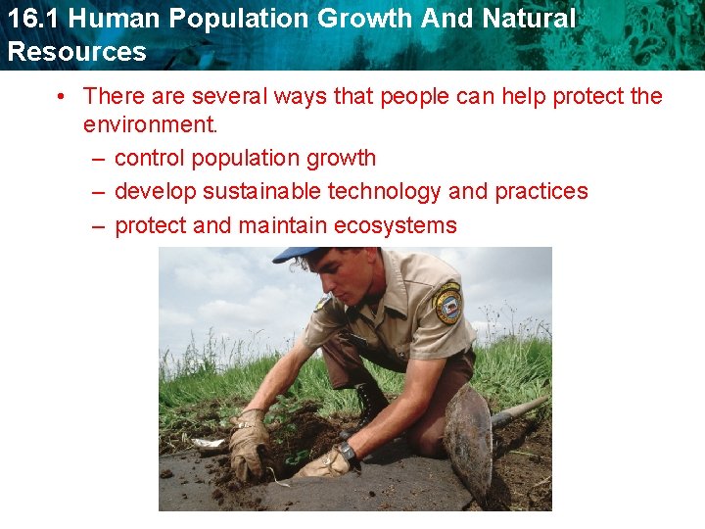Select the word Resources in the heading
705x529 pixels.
pos(76,52)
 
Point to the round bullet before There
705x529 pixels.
pos(61,96)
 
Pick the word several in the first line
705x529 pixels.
pos(227,96)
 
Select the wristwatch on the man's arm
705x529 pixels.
pos(348,455)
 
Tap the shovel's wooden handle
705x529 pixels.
pos(518,410)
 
